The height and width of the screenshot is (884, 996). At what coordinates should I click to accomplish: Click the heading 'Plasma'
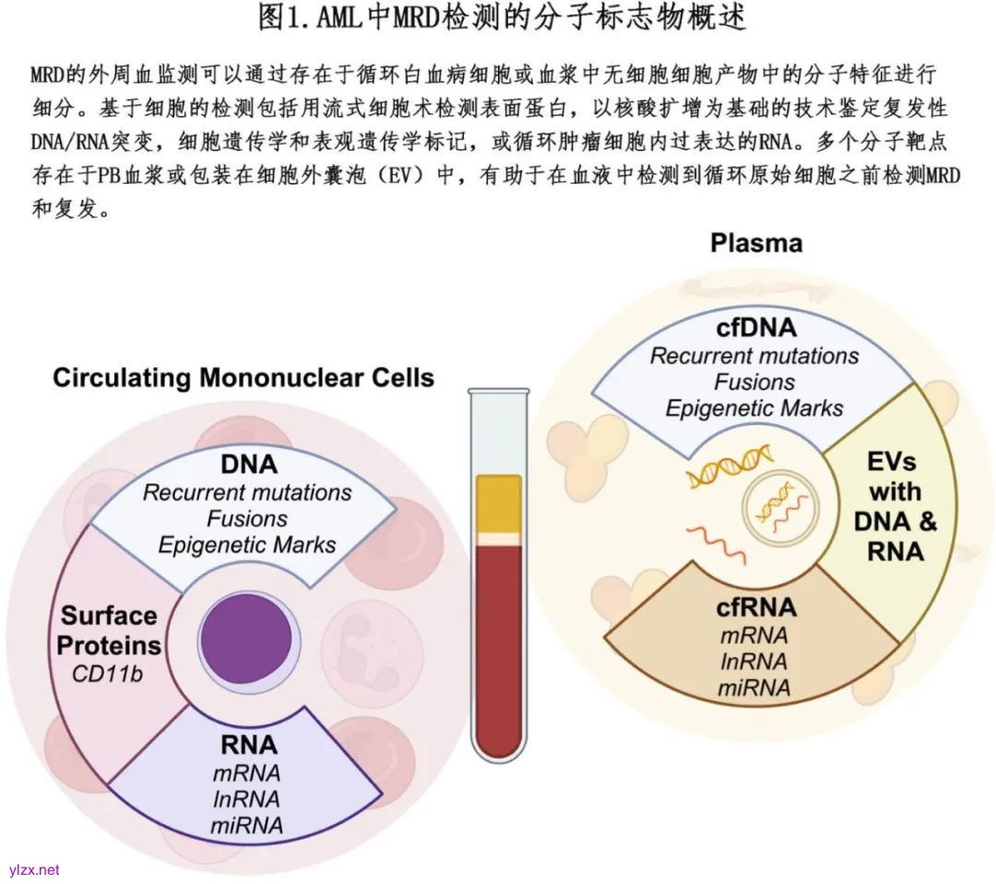(x=755, y=243)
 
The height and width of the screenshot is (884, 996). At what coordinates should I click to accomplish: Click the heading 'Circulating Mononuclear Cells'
(x=243, y=377)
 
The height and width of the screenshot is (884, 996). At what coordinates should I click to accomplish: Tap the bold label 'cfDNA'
(x=756, y=328)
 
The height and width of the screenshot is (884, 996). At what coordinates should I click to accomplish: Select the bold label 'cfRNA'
(x=755, y=608)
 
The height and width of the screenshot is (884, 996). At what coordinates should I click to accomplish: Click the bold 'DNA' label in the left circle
(x=248, y=464)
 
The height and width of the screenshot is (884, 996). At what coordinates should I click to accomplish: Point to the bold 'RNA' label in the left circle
(x=248, y=744)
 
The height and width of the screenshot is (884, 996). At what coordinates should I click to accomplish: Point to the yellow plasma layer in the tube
(x=499, y=503)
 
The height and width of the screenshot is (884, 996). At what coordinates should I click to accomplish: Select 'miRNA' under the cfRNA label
(x=755, y=687)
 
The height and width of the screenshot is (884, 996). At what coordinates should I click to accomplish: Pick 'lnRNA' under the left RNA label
(x=247, y=797)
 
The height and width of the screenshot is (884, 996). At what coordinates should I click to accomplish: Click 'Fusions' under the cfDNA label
(x=755, y=381)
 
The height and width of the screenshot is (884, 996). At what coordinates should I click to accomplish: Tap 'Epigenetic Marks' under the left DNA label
(x=247, y=544)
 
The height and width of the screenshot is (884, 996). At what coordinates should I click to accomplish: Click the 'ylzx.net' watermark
(x=34, y=869)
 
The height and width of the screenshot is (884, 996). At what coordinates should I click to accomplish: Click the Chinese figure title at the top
(x=502, y=18)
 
